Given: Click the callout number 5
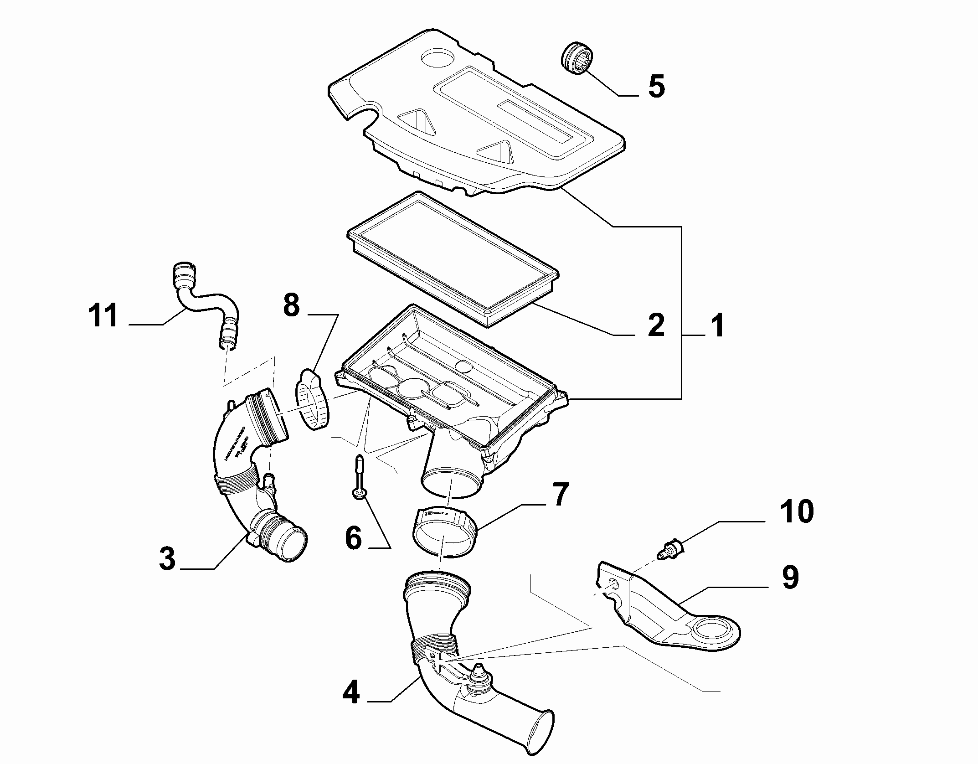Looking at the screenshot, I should coord(656,86).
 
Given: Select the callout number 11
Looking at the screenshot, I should coord(103,315).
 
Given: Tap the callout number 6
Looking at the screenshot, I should coord(354,538).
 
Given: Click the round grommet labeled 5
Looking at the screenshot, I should coord(577,57).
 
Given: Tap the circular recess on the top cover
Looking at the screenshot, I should coord(438,58).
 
